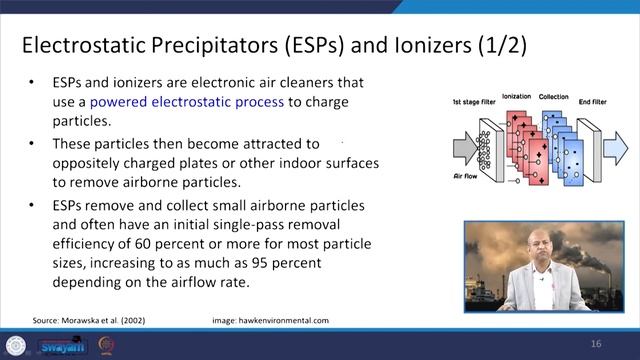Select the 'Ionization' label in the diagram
pos(516,98)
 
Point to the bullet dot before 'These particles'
pos(34,144)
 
